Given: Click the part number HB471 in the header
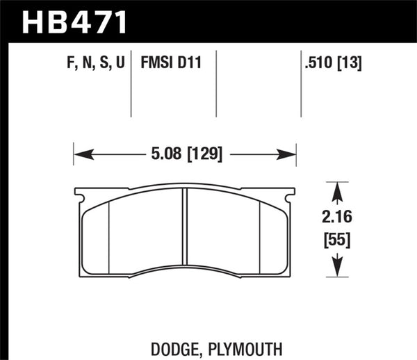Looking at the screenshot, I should [76, 22].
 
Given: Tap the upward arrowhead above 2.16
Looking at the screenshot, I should [336, 190].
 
